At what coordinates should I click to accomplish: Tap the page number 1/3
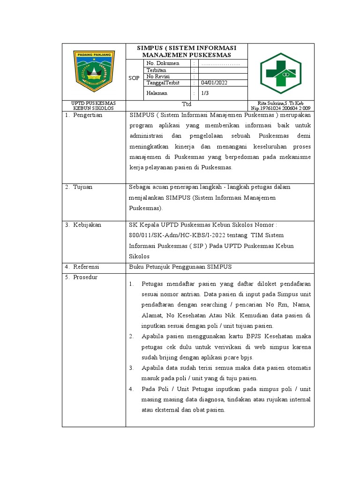tap(205, 93)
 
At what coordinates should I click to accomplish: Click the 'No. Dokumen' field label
tap(163, 63)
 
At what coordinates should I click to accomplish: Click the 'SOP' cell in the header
tap(134, 78)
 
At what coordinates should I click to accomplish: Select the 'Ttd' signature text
tap(187, 104)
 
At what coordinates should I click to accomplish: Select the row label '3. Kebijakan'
tap(83, 225)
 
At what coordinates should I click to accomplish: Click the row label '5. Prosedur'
tap(81, 277)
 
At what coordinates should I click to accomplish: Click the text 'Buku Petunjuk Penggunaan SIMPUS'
tap(180, 267)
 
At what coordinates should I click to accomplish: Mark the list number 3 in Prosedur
tap(132, 368)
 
